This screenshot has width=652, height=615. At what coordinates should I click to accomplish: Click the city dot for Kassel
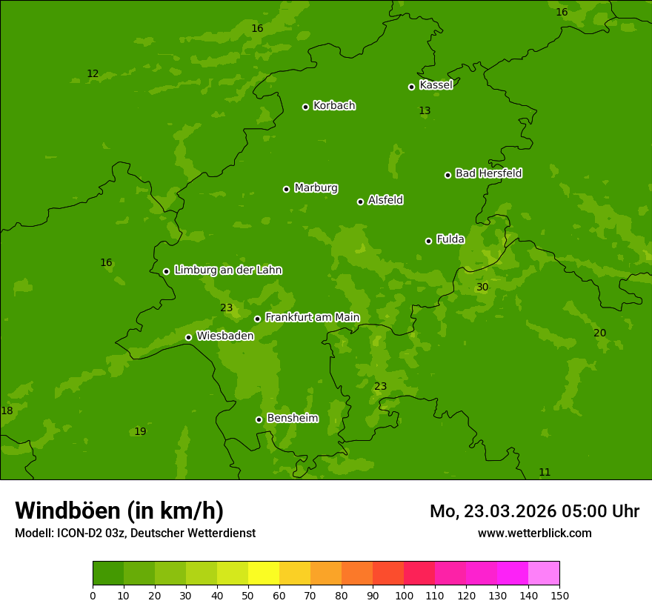tap(411, 87)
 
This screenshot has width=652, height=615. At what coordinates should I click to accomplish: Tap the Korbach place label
tap(334, 106)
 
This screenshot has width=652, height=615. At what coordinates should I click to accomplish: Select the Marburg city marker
tap(286, 189)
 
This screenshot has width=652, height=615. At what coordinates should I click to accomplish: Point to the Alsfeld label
tap(385, 200)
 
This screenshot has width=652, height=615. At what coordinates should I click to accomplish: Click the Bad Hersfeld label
tap(488, 173)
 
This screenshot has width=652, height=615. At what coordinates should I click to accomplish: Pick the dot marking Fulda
tap(428, 241)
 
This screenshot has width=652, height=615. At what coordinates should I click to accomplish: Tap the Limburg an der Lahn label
tap(227, 270)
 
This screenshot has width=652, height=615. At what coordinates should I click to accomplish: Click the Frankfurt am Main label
tap(312, 317)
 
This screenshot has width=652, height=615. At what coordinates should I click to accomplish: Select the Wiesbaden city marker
tap(188, 337)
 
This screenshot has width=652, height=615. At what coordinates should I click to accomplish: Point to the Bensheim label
tap(292, 418)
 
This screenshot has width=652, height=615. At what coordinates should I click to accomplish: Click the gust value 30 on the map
tap(482, 287)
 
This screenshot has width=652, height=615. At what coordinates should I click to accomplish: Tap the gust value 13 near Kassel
tap(425, 111)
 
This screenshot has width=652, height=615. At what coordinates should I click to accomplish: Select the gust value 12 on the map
tap(93, 74)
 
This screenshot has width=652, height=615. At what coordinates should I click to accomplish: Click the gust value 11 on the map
tap(545, 473)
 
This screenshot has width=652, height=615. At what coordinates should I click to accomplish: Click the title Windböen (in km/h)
tap(119, 511)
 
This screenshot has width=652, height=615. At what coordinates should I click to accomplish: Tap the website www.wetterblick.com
tap(534, 533)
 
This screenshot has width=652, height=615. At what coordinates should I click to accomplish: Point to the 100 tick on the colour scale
tap(404, 595)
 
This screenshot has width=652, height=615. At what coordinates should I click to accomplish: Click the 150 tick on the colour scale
tap(559, 595)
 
